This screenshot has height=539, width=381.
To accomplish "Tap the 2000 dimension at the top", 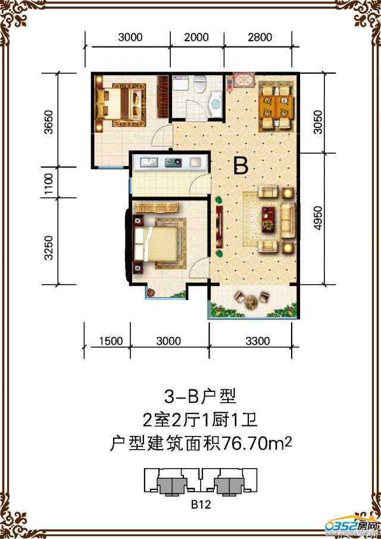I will click(x=196, y=37).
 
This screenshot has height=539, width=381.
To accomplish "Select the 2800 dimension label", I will click(x=259, y=37).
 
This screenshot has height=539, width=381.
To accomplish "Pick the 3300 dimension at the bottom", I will click(x=257, y=341).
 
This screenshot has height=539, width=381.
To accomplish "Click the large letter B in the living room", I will click(x=241, y=166).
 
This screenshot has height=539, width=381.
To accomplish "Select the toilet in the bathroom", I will click(x=200, y=83).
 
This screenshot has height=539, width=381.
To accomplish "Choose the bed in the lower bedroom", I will click(x=158, y=245).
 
